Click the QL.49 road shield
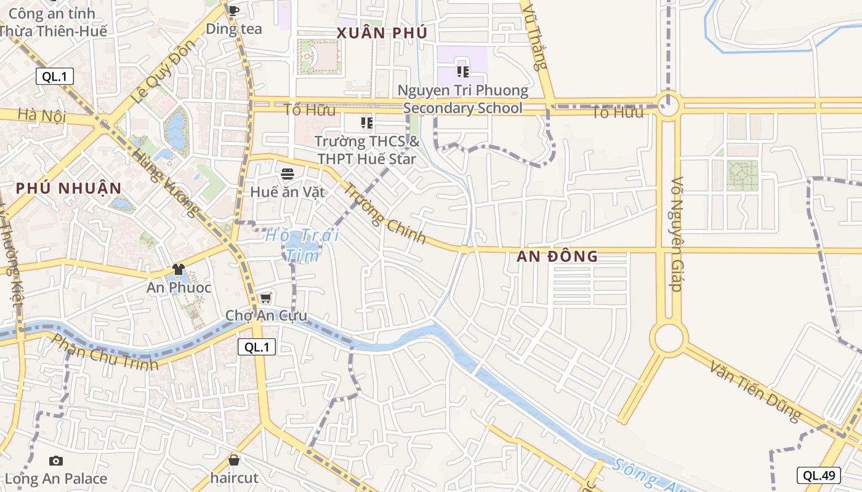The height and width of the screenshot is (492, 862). click(x=818, y=475)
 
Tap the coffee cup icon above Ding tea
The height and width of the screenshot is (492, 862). click(x=233, y=10)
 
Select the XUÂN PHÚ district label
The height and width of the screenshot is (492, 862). click(x=382, y=33)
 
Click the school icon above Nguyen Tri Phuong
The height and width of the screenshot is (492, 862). click(x=463, y=72)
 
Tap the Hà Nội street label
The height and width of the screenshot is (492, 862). click(x=41, y=115)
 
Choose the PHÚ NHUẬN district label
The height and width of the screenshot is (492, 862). click(x=69, y=188)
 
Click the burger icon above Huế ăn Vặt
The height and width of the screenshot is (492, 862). click(x=287, y=174)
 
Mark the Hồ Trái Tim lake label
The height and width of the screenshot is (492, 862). click(x=302, y=244)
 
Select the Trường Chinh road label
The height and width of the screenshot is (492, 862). click(x=384, y=213)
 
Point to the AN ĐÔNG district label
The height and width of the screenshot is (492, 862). click(x=557, y=256)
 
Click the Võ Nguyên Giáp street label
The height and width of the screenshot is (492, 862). click(x=677, y=234)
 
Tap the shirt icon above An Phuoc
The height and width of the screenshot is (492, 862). click(x=179, y=269)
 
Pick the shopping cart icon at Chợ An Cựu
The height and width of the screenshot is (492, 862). click(x=265, y=298)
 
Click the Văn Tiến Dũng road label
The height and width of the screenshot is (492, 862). click(x=755, y=391)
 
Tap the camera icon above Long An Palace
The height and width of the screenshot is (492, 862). click(x=56, y=461)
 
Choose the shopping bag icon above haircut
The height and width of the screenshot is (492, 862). click(x=234, y=460)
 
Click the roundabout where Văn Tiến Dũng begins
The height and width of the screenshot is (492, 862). click(x=669, y=338)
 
